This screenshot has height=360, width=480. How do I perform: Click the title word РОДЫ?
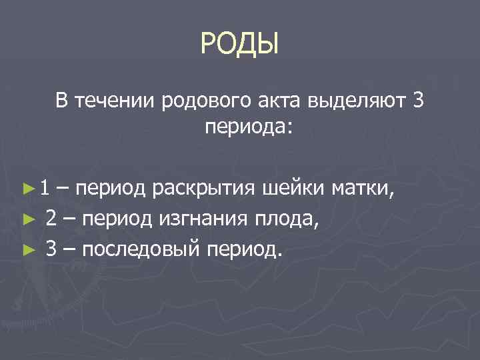coord(239,45)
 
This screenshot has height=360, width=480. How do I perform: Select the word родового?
coord(205,101)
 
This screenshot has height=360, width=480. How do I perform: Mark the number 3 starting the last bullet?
coord(51,249)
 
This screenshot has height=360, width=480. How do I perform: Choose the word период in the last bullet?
coord(245,249)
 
